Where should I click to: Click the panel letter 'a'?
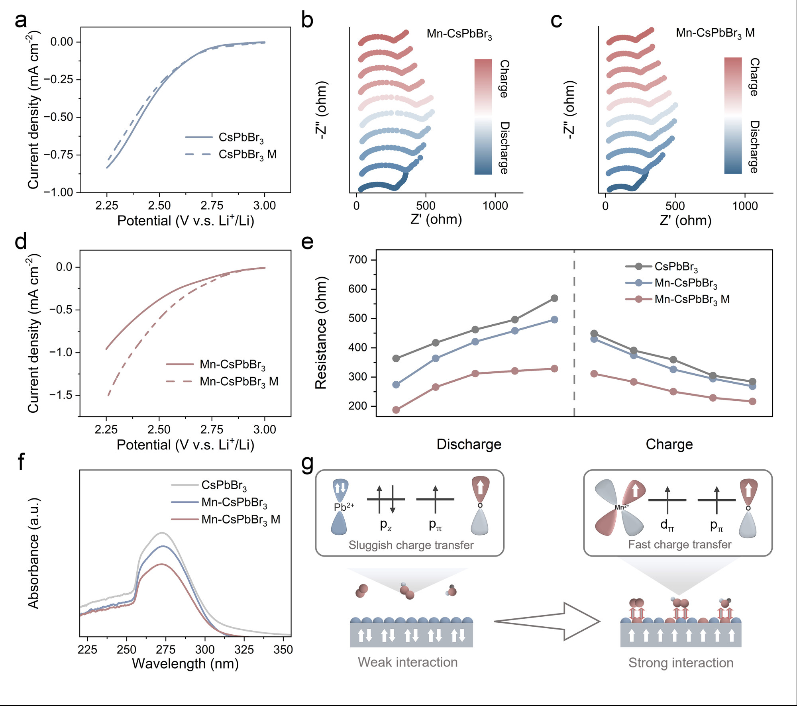(x=21, y=20)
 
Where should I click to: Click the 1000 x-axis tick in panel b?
(x=495, y=206)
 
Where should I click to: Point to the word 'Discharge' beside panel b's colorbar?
(x=505, y=147)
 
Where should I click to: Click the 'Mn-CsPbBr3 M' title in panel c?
(x=715, y=33)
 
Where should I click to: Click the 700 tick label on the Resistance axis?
(x=357, y=260)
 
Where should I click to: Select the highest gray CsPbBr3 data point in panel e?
(x=554, y=298)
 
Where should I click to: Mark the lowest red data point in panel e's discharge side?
(x=396, y=410)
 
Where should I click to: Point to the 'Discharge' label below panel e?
(x=469, y=444)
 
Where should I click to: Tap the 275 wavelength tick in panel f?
(x=165, y=650)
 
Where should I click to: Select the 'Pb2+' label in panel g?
(x=344, y=507)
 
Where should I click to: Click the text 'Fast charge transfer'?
(x=679, y=545)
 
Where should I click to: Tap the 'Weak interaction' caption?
(x=408, y=662)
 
